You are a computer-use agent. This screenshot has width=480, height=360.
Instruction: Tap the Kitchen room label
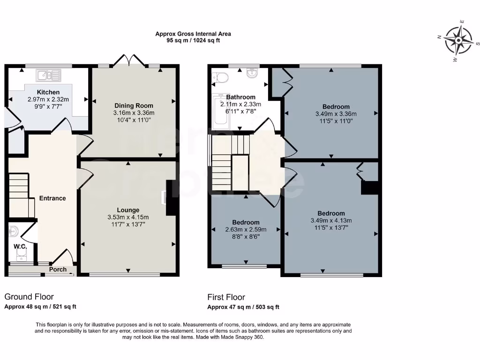click(x=48, y=92)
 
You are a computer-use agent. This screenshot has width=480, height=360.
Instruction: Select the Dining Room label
click(x=134, y=106)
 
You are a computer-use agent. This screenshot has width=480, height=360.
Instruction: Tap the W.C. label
click(x=20, y=246)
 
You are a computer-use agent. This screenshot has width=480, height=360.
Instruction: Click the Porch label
click(x=58, y=270)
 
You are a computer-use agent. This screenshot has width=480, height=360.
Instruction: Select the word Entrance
click(x=52, y=198)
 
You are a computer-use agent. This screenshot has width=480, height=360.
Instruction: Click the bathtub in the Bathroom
click(x=221, y=112)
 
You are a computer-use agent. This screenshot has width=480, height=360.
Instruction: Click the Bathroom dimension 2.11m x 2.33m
click(x=240, y=104)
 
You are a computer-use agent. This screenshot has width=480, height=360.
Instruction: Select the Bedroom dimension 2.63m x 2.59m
click(x=246, y=230)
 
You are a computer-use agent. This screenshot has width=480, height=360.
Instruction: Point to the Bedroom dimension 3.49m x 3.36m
click(x=336, y=114)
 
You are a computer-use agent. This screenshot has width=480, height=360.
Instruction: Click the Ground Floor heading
click(x=29, y=297)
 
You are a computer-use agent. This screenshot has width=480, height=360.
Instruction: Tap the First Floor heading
click(x=226, y=297)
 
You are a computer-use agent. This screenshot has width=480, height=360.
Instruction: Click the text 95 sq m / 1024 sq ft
click(x=193, y=41)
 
